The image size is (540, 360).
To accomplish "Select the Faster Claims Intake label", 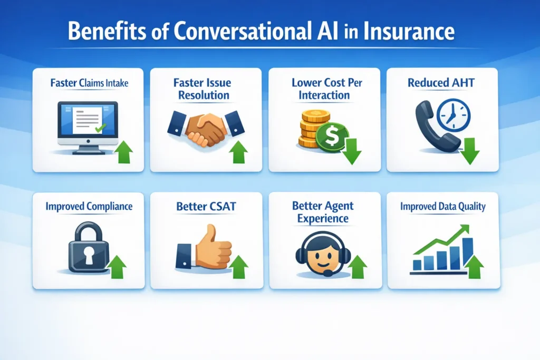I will pyautogui.click(x=88, y=83).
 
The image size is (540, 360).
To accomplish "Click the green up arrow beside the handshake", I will pyautogui.click(x=239, y=151).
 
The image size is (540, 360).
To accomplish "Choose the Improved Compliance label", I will pyautogui.click(x=89, y=206).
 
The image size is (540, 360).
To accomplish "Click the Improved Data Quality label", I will pyautogui.click(x=442, y=206).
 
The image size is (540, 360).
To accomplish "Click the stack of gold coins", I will pyautogui.click(x=310, y=129).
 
